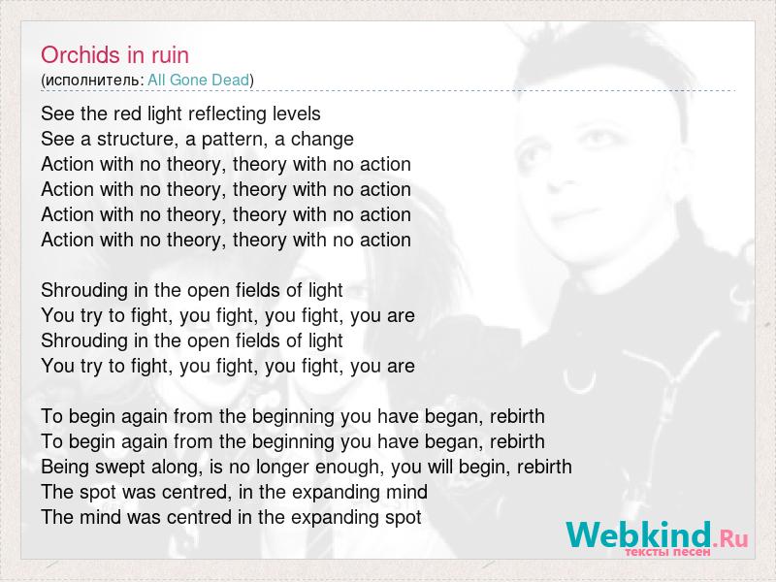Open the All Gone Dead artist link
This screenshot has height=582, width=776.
pos(199,80)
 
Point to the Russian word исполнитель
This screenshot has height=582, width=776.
pos(92,81)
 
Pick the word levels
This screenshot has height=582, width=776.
pos(297,113)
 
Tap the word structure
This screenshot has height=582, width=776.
pos(135,139)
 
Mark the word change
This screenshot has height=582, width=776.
pos(322,139)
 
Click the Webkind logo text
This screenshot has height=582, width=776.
pos(639,534)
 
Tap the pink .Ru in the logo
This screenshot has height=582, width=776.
pos(730,537)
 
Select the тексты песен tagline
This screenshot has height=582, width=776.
pos(667,552)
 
